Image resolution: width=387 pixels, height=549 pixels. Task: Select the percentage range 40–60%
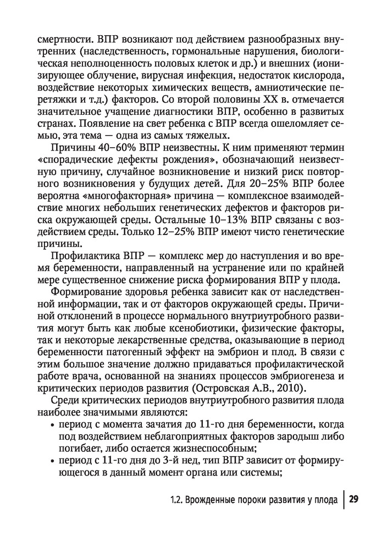pyautogui.click(x=112, y=149)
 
